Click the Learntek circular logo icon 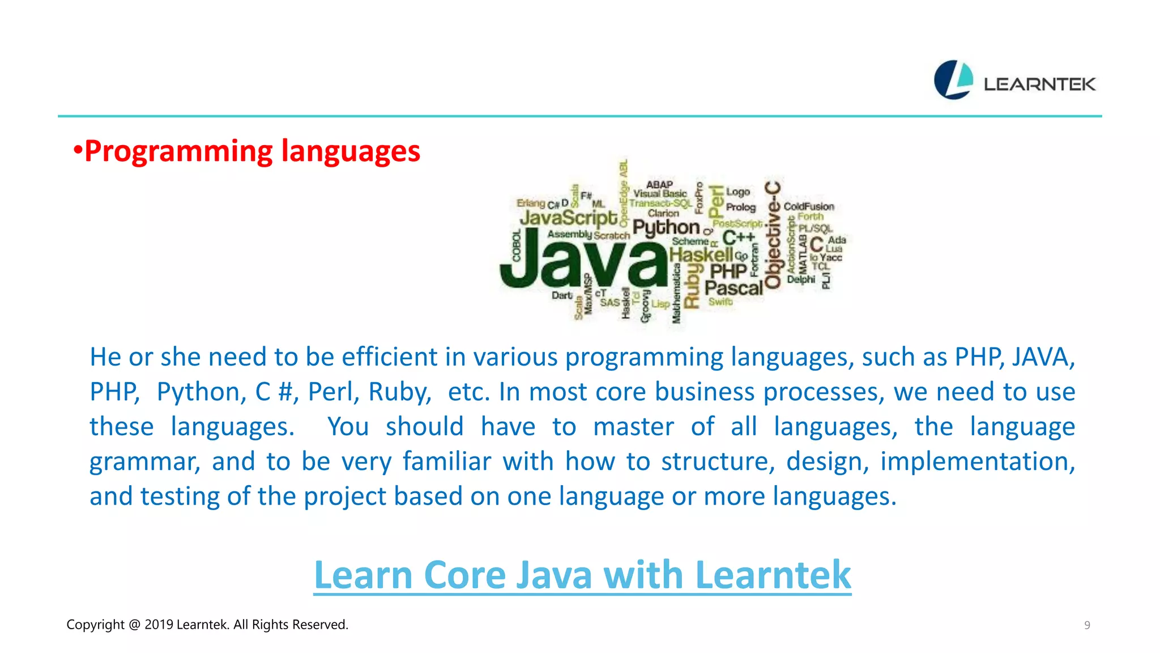coord(953,80)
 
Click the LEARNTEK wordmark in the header coord(1039,84)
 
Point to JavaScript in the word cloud coord(569,218)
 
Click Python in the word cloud coord(666,227)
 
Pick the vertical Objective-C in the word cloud coord(773,235)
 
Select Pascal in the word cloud coord(733,288)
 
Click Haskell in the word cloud coord(701,255)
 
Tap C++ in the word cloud coord(739,237)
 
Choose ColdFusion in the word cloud coord(809,206)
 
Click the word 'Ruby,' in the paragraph coord(400,392)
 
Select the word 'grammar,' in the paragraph coord(145,462)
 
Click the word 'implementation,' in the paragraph coord(978,461)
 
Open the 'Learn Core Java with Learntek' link coord(582,575)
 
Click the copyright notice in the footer coord(207,625)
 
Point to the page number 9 coord(1087,625)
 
